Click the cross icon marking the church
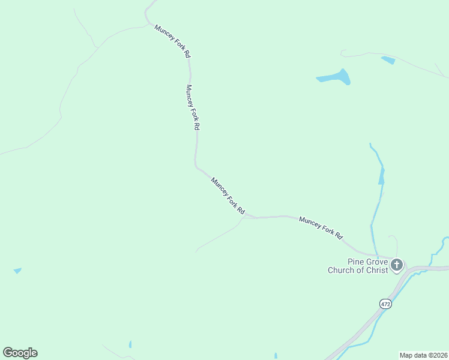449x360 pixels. point(396,265)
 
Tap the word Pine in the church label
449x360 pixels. point(357,262)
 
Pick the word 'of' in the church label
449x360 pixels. point(360,270)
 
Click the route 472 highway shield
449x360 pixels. point(385,304)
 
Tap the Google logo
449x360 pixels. point(20,353)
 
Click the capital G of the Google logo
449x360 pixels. point(8,353)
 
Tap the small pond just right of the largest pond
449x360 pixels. point(388,60)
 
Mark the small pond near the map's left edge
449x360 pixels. point(17,271)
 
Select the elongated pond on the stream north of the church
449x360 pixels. point(381,176)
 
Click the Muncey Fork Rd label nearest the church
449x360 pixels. point(320,228)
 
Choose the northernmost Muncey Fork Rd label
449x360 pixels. point(173,41)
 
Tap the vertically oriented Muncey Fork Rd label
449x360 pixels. point(192,107)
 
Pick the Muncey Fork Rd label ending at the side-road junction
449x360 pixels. point(228,196)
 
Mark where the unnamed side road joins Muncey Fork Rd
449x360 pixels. point(243,217)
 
